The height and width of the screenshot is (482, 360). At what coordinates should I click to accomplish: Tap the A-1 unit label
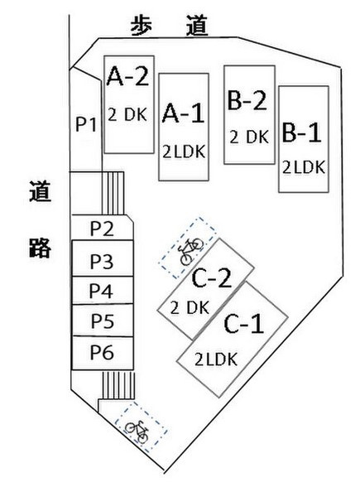[183, 113]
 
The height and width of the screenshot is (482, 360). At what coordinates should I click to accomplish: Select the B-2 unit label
[247, 99]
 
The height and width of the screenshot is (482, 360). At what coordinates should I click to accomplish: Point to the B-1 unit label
[301, 133]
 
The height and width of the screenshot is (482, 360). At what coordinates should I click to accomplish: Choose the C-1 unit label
[244, 323]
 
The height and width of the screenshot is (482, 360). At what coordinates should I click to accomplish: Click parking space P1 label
[86, 124]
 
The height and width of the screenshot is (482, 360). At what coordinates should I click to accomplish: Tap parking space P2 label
[102, 229]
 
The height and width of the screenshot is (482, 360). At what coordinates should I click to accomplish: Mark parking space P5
[103, 321]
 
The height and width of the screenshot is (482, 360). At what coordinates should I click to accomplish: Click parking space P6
[103, 353]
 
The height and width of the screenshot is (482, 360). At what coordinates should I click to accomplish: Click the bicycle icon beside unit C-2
[191, 252]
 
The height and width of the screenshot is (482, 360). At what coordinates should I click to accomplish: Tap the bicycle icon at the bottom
[137, 431]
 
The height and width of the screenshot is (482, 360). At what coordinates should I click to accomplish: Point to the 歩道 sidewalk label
[170, 26]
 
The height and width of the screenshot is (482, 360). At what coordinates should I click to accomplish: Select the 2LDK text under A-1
[184, 152]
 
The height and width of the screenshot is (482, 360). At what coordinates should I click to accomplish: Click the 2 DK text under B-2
[249, 137]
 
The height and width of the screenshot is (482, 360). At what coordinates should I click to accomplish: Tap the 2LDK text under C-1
[216, 359]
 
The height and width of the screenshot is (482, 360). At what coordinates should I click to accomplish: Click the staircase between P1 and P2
[113, 193]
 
